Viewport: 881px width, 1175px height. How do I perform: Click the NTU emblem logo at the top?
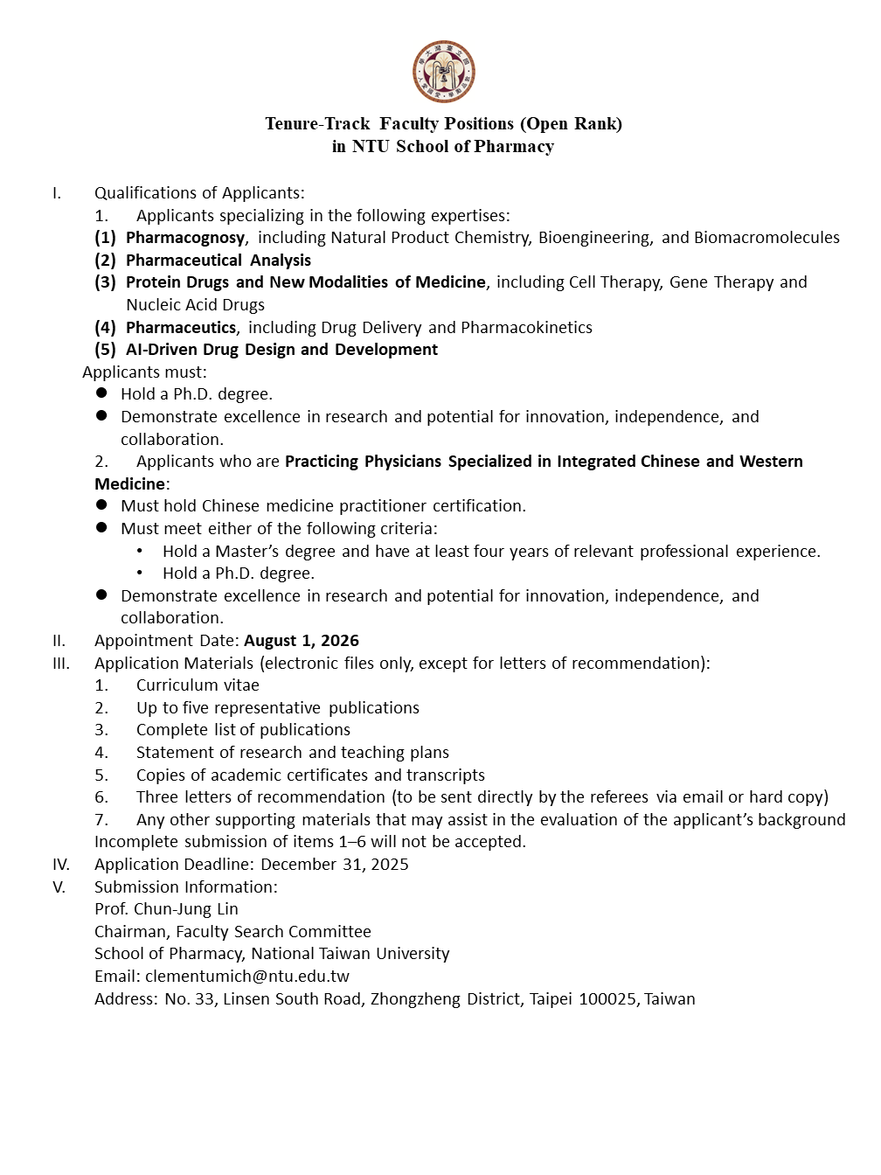pos(444,72)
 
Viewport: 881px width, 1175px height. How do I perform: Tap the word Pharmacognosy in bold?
pos(185,238)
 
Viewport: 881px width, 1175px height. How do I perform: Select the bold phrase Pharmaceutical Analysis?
pos(219,261)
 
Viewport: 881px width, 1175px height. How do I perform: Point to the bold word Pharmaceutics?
pos(181,328)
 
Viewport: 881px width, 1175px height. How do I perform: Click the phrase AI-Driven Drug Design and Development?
pos(281,350)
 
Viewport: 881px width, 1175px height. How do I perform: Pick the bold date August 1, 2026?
pos(302,641)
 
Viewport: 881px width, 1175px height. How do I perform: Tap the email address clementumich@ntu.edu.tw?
pos(247,977)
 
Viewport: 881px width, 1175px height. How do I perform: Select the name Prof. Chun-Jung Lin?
pos(166,909)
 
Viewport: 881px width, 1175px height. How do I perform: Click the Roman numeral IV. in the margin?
pos(61,865)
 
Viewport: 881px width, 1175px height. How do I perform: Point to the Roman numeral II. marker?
pos(59,641)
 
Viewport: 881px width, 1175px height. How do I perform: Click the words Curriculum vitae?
pos(198,685)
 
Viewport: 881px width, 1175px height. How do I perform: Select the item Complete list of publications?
pos(243,730)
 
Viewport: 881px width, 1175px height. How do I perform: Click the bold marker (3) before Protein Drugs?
pos(106,282)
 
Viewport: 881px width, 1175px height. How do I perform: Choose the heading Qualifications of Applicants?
pos(199,193)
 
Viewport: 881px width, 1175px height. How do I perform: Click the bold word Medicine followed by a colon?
pos(129,484)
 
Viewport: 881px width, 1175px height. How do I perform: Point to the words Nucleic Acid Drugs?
pos(195,305)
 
